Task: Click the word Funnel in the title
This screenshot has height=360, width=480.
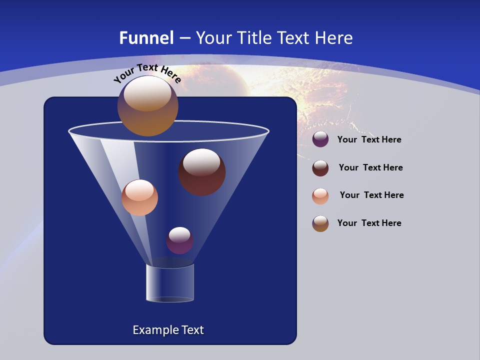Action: (x=146, y=38)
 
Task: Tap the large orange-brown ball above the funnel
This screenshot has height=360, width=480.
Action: (x=147, y=106)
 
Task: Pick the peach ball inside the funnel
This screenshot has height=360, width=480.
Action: (x=139, y=197)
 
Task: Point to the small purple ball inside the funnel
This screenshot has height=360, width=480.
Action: (x=180, y=240)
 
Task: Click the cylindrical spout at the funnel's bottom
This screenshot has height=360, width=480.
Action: (x=170, y=283)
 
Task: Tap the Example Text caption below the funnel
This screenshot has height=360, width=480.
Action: (x=168, y=330)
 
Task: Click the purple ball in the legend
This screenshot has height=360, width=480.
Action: (x=320, y=139)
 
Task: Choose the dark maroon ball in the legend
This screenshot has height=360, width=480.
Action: (x=320, y=168)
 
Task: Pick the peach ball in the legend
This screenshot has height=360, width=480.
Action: (x=320, y=195)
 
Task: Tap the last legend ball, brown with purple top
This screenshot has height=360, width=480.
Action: (x=320, y=223)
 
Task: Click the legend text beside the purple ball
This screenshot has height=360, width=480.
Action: (x=369, y=139)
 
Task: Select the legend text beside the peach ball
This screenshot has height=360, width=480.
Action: (x=371, y=195)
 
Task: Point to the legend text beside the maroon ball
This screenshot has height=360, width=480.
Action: (x=370, y=167)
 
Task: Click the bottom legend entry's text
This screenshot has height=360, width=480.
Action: (x=369, y=223)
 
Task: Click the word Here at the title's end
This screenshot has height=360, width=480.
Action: (x=334, y=38)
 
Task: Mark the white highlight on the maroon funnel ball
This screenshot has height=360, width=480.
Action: (x=201, y=162)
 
